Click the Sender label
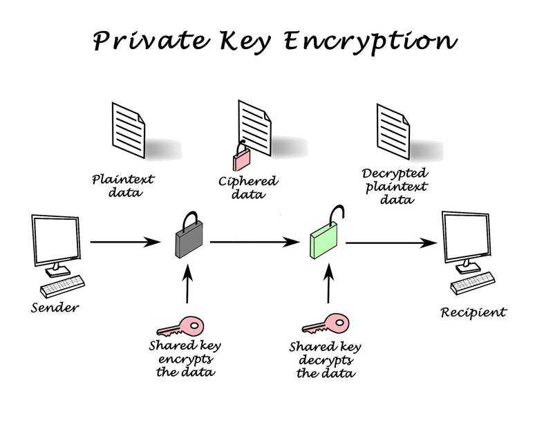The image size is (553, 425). (55, 306)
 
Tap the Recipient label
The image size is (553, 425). (474, 312)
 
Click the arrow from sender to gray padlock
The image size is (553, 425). (124, 242)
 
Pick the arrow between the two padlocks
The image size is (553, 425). (255, 242)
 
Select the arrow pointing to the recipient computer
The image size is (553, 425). (391, 243)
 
